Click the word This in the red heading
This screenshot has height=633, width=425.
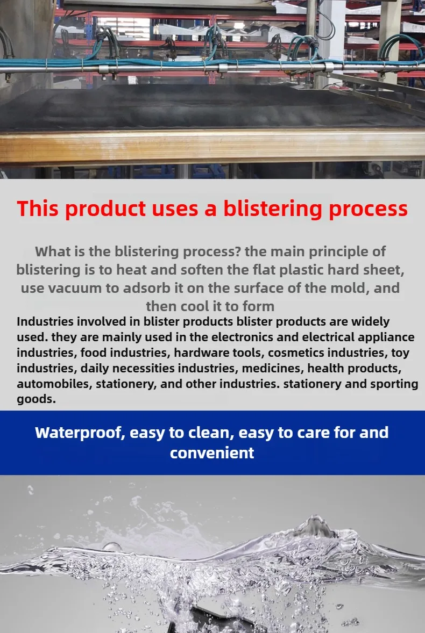[38, 208]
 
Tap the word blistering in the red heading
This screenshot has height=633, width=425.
[273, 208]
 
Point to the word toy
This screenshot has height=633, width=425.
[400, 353]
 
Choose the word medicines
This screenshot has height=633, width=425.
[273, 368]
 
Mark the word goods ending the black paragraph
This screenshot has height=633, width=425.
[36, 399]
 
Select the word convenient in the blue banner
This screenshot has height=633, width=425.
[212, 453]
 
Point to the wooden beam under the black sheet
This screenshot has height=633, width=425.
[212, 146]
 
